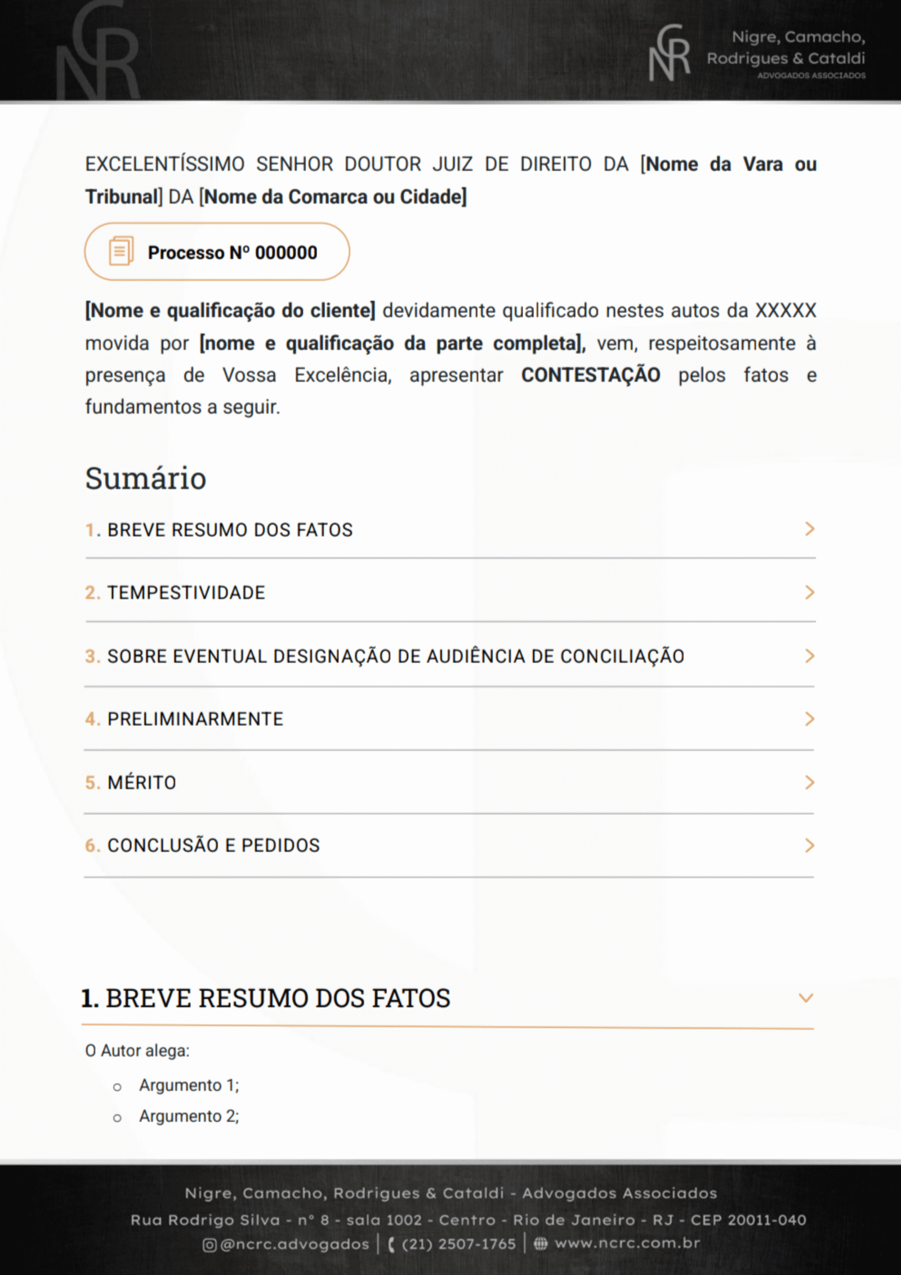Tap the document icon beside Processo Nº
point(121,251)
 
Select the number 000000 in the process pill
point(286,252)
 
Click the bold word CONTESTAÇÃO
point(590,375)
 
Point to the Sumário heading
point(145,478)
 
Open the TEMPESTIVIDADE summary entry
point(186,593)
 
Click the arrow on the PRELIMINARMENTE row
point(809,719)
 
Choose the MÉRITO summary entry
point(141,783)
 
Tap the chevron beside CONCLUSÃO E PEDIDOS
point(809,846)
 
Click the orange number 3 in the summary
point(91,656)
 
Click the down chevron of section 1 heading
point(806,998)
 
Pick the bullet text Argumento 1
point(189,1085)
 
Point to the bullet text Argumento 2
point(189,1116)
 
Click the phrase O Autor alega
point(137,1051)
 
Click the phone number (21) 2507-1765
point(458,1244)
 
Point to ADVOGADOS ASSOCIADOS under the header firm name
point(811,75)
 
